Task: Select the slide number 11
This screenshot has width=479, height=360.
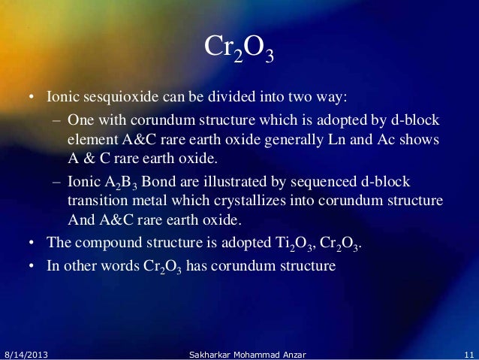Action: tap(468, 352)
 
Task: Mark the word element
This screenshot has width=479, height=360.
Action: tap(89, 141)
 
